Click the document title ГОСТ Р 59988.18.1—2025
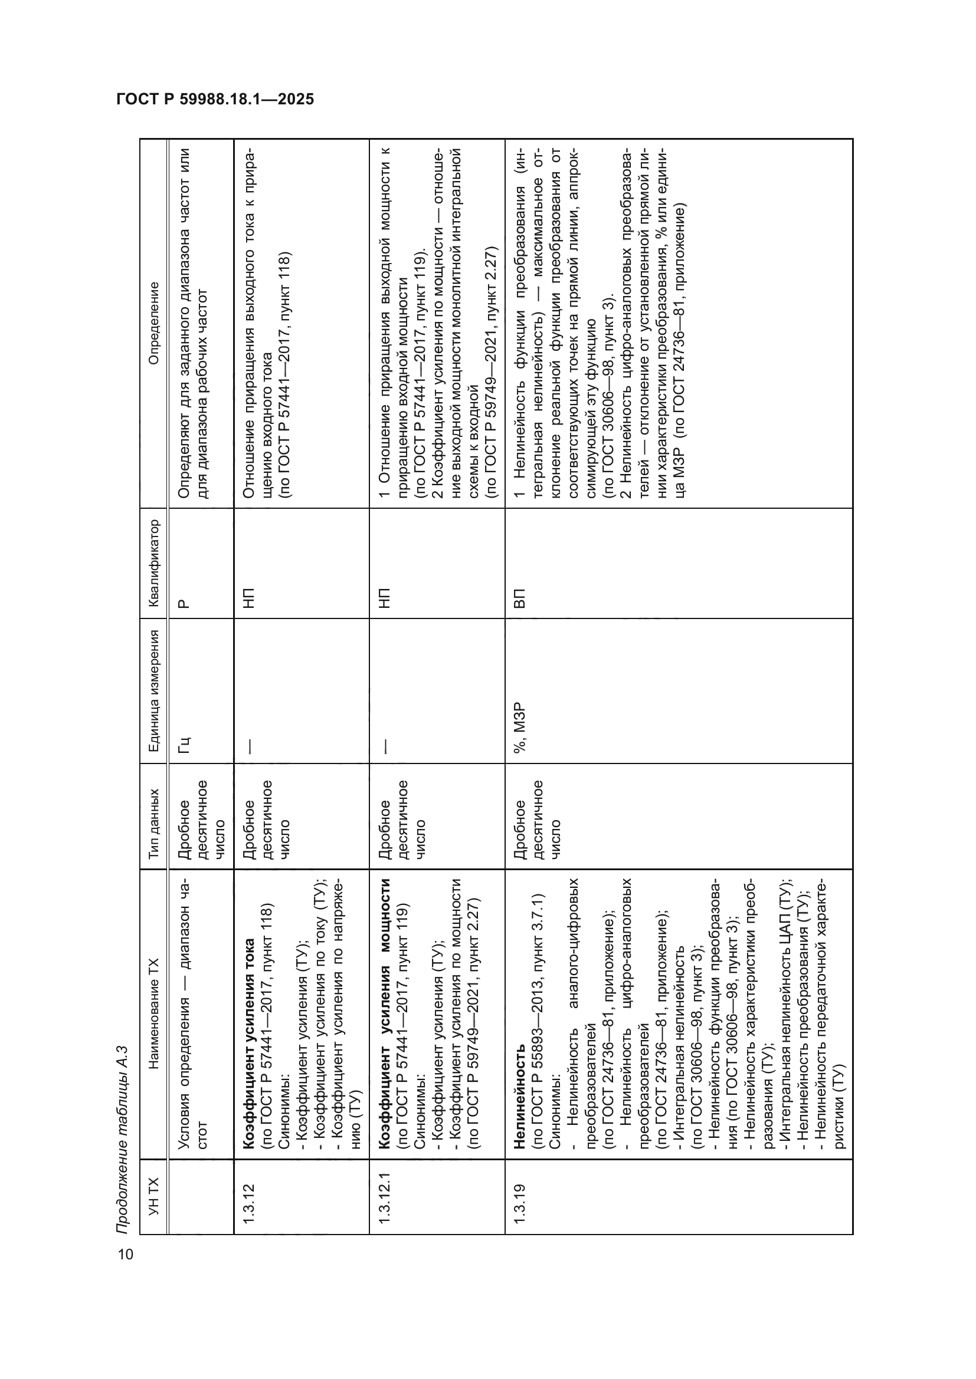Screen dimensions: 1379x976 pyautogui.click(x=215, y=100)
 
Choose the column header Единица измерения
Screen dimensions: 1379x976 pyautogui.click(x=155, y=691)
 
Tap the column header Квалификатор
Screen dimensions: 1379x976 pyautogui.click(x=155, y=564)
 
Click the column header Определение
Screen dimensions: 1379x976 pyautogui.click(x=155, y=323)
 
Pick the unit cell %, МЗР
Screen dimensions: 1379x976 pyautogui.click(x=520, y=726)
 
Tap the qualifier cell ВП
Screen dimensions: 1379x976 pyautogui.click(x=520, y=598)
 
